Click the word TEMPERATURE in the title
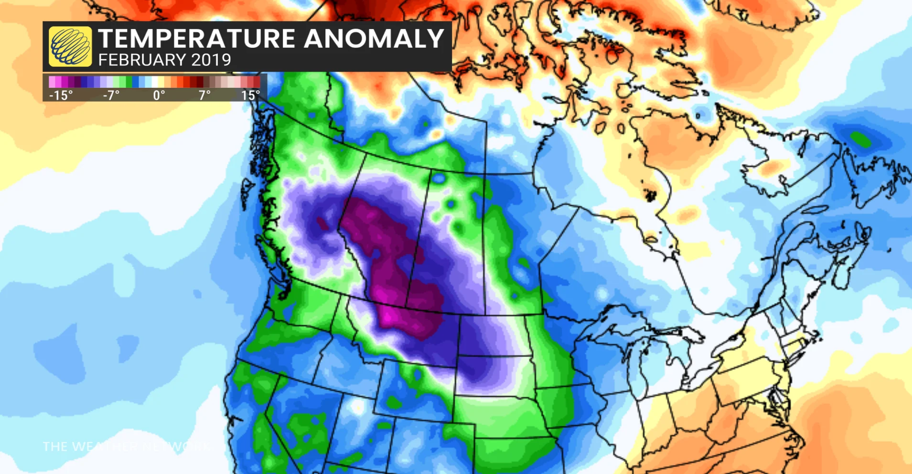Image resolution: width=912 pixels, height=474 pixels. [x=196, y=39]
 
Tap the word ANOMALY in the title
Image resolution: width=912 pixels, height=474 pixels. [x=374, y=39]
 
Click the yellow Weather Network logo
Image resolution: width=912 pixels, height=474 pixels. [x=71, y=46]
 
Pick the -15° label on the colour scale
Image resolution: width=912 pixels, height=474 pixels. [x=61, y=95]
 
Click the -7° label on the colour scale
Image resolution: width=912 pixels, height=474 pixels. [x=111, y=95]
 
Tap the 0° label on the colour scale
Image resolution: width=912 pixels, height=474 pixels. [x=159, y=95]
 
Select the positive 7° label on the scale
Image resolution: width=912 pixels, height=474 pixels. [x=204, y=95]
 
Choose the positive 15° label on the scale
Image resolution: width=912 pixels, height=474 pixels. [x=250, y=95]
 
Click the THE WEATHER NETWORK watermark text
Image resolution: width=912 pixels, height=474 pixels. [x=127, y=447]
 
